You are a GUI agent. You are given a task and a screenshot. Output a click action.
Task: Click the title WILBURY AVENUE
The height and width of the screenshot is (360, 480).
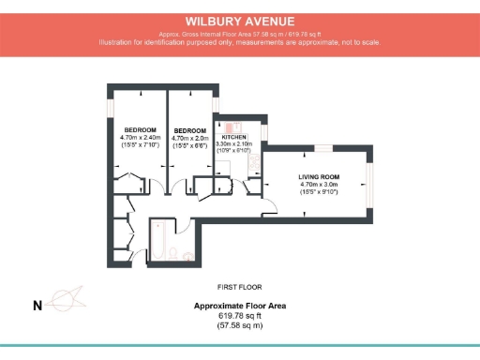pos(240,20)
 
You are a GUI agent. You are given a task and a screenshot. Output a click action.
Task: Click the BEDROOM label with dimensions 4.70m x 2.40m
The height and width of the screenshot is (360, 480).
pos(140,130)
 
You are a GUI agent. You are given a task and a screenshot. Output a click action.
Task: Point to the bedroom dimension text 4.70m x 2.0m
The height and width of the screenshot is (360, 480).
pos(190,137)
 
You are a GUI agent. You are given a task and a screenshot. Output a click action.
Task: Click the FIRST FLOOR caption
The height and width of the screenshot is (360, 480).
pos(239,286)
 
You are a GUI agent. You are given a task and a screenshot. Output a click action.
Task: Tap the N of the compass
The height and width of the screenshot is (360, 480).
pos(37,305)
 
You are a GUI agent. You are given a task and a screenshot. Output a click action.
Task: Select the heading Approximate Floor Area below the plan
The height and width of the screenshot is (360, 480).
pos(239,306)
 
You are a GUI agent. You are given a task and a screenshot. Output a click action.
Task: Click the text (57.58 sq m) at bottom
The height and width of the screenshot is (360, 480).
pos(239,325)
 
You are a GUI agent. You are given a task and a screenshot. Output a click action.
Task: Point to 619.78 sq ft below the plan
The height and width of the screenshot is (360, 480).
pos(239,316)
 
